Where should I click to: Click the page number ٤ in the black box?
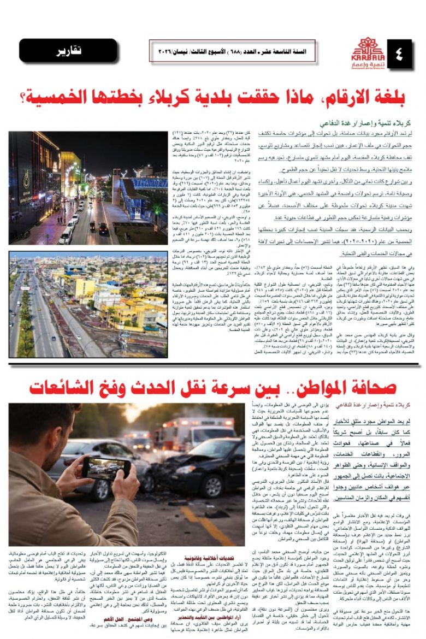(x=399, y=54)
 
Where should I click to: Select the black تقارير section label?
(x=67, y=52)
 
